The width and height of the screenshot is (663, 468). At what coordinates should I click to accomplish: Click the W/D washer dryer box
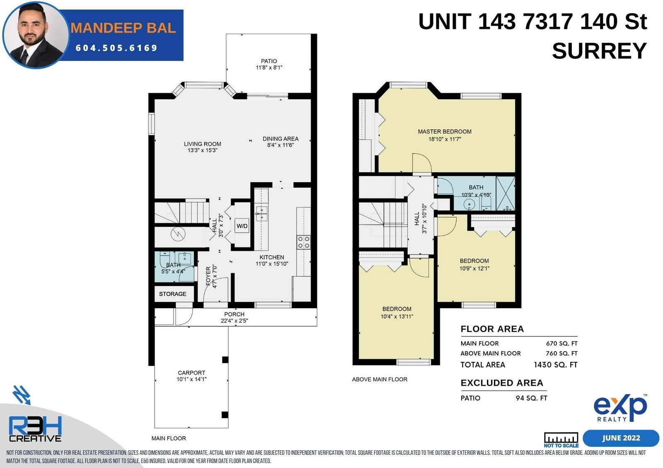pyautogui.click(x=242, y=226)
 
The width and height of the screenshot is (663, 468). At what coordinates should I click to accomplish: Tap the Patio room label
pyautogui.click(x=269, y=61)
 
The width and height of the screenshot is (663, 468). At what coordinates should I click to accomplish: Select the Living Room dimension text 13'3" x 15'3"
pyautogui.click(x=203, y=150)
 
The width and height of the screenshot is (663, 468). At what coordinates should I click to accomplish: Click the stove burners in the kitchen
pyautogui.click(x=304, y=242)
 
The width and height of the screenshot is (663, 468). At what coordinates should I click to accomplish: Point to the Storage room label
pyautogui.click(x=172, y=294)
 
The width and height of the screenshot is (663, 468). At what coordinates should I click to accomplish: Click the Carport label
pyautogui.click(x=191, y=372)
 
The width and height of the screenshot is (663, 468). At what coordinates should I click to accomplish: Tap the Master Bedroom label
pyautogui.click(x=445, y=132)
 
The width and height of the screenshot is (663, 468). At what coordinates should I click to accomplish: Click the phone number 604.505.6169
pyautogui.click(x=116, y=48)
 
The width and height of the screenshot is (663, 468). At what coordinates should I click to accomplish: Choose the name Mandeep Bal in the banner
pyautogui.click(x=123, y=28)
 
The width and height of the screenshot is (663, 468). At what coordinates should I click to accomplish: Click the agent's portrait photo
pyautogui.click(x=36, y=35)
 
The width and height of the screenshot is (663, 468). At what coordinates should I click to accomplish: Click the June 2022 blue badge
pyautogui.click(x=621, y=438)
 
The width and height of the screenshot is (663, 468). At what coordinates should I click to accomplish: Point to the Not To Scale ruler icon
pyautogui.click(x=561, y=439)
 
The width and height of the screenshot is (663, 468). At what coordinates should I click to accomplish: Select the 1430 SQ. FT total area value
pyautogui.click(x=556, y=365)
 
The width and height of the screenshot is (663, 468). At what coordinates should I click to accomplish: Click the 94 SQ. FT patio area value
pyautogui.click(x=531, y=398)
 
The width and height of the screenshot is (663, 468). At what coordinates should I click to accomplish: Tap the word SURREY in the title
pyautogui.click(x=599, y=51)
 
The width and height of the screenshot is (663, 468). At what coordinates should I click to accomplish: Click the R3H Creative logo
pyautogui.click(x=35, y=429)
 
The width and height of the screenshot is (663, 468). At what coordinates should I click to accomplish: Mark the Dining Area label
pyautogui.click(x=281, y=139)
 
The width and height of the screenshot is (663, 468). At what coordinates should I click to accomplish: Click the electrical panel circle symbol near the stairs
pyautogui.click(x=178, y=234)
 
